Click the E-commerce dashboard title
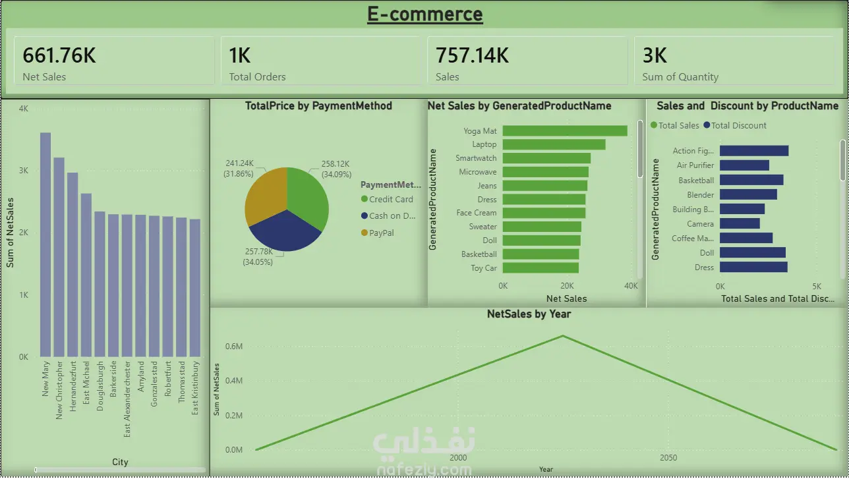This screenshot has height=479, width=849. coord(425,14)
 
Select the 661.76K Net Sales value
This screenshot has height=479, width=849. coord(59,55)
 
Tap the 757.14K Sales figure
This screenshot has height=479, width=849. coord(472,55)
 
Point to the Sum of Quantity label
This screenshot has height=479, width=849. coord(680,77)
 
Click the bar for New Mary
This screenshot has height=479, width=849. coord(45,244)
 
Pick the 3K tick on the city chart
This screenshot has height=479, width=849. coord(24,171)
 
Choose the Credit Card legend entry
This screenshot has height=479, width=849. coord(391,200)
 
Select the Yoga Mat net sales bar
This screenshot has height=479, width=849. coord(565,131)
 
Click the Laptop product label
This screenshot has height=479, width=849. coord(484,144)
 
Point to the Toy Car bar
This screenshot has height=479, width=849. coord(541,268)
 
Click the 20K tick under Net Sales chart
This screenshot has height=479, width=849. coord(567,286)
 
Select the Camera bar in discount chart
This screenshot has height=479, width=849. coord(740,224)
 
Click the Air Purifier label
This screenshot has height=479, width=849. coord(695,165)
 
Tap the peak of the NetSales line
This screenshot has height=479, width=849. coord(563,336)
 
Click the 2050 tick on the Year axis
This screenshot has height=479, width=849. coord(668,458)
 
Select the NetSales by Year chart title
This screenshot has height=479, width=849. coord(529,314)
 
